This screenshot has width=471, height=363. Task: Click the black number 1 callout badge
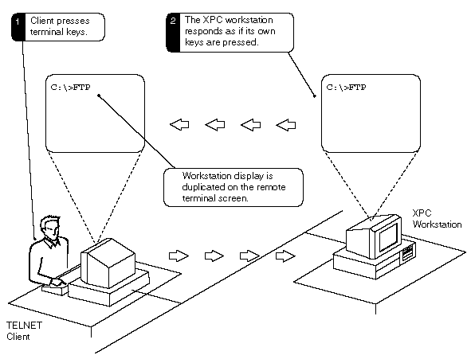coord(18,27)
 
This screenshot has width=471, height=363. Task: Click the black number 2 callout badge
coord(173,33)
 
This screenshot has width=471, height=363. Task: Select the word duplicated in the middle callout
coord(202,187)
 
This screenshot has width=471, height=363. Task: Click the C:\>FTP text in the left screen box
coord(71,88)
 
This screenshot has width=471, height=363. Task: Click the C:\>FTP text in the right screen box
coord(347,88)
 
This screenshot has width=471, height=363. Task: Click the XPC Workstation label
coord(437,219)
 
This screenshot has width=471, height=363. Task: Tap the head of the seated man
coord(50,227)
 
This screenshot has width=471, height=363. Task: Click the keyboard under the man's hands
coord(55,289)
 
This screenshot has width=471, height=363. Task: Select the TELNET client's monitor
coord(108,263)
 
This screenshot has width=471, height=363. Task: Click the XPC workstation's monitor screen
coord(388,237)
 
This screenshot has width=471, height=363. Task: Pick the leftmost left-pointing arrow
coord(179,124)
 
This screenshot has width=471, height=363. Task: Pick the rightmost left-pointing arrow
coord(285,125)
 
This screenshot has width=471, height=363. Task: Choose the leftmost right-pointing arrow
coord(179,256)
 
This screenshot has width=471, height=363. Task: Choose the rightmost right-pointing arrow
coord(285,256)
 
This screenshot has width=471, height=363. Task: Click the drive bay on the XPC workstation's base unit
coord(407,252)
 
